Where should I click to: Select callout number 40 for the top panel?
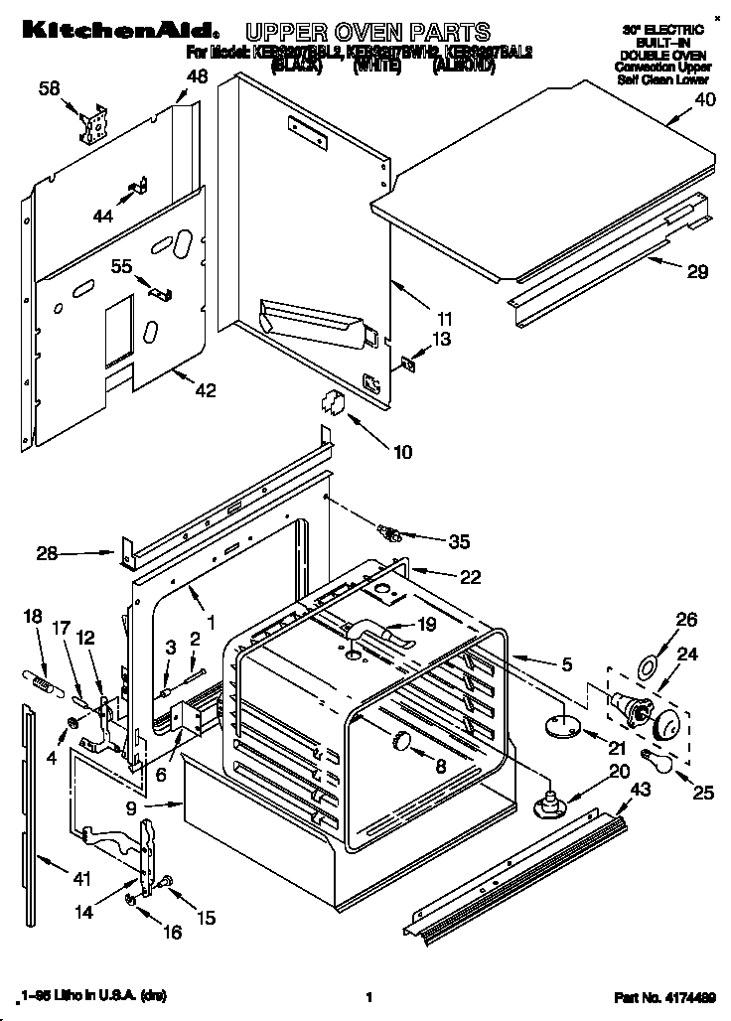coord(704,98)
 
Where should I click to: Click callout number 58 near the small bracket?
coord(49,89)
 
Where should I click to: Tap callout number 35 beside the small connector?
coord(459,541)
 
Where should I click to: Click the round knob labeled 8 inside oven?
coord(402,740)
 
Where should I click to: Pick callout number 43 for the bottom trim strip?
coord(642,789)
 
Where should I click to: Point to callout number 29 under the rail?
coord(671,269)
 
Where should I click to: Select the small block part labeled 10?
coord(332,402)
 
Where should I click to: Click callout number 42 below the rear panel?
coord(204,390)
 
